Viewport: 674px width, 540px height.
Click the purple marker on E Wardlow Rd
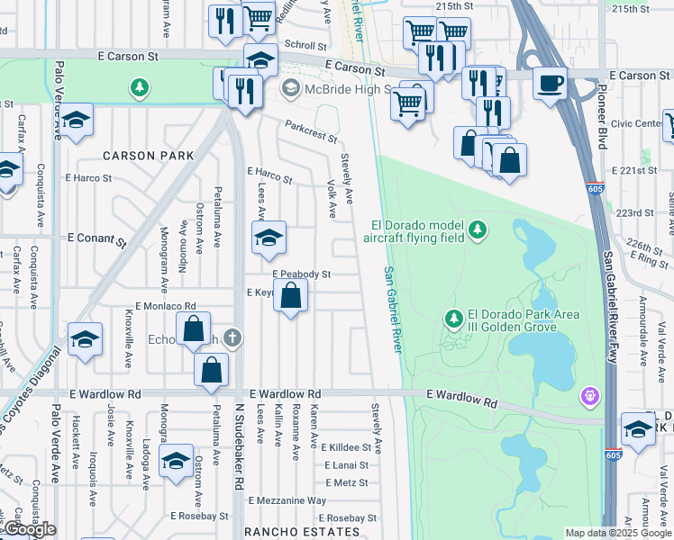(590, 393)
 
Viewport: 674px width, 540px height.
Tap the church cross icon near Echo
(232, 337)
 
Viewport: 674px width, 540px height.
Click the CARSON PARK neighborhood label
(148, 156)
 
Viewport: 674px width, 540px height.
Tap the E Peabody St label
(301, 274)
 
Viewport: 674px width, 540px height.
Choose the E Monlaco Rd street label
(165, 307)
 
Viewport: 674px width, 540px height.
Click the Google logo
(30, 529)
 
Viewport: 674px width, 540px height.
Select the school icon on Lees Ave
(269, 238)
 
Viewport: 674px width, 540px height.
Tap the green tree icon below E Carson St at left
(139, 87)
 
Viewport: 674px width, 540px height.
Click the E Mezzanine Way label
(287, 500)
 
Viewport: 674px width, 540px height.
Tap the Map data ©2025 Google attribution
(617, 533)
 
